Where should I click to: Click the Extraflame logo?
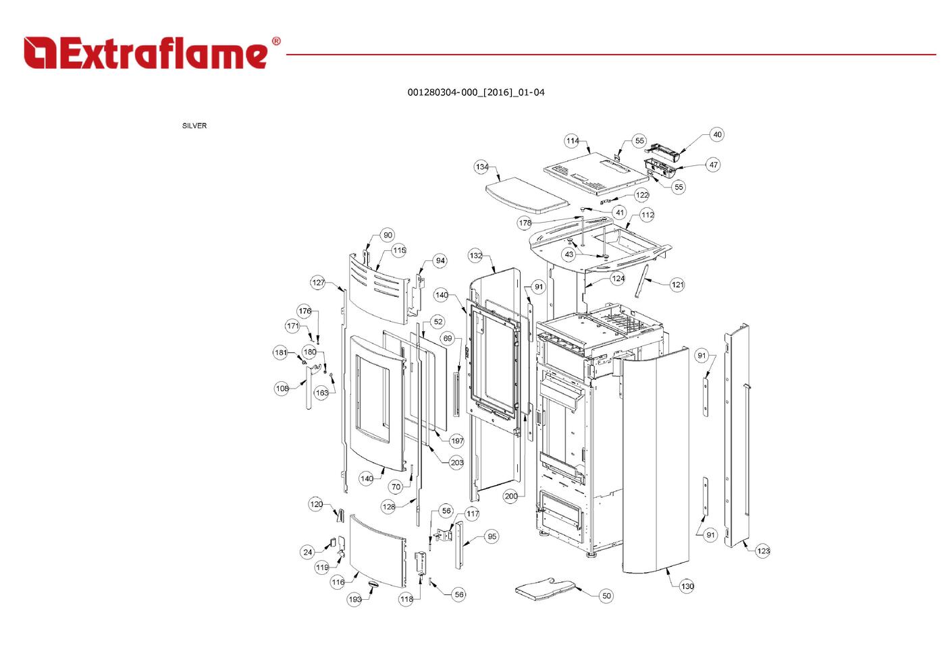151,53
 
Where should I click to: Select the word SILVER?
194,125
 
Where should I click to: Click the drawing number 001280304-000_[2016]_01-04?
475,92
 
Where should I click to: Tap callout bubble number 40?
717,134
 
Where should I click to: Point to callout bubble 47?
713,165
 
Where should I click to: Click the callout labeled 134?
481,167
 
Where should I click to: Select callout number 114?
573,141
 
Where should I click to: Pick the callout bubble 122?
641,195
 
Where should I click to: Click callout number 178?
525,223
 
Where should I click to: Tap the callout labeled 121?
677,285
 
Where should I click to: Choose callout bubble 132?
476,256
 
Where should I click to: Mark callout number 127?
319,283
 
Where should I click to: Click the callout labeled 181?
281,352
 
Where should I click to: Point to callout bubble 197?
457,441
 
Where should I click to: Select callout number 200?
511,496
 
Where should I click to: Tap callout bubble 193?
355,599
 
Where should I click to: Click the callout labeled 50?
606,596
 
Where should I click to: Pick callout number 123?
763,551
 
